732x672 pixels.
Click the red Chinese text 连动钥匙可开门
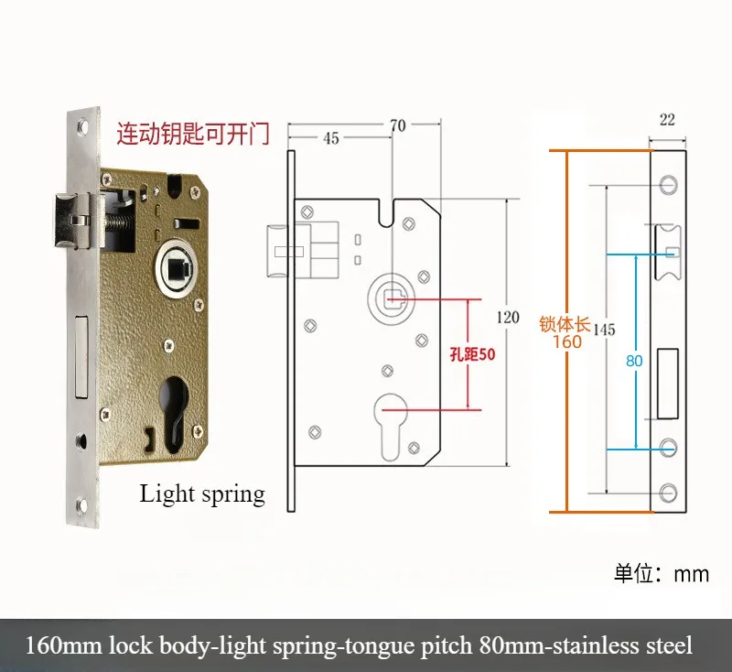point(192,135)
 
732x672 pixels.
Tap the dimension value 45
point(330,138)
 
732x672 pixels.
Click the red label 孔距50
point(472,354)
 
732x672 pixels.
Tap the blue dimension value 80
point(634,360)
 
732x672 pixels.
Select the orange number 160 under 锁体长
point(567,341)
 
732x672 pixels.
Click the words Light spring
point(202,494)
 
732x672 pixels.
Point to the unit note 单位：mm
point(661,574)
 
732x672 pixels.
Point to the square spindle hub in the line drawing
point(392,297)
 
